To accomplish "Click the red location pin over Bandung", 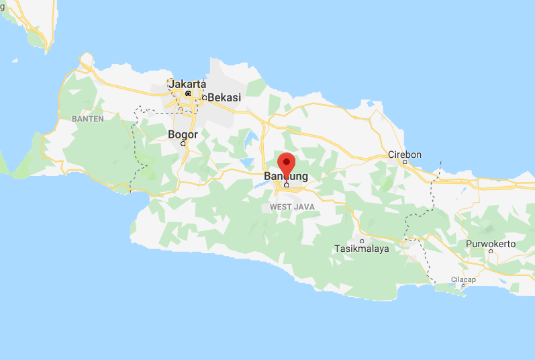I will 287,163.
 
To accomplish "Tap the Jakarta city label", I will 187,84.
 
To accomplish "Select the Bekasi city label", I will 224,97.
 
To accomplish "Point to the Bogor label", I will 183,134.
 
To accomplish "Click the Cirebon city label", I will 405,154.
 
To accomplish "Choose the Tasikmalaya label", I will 362,249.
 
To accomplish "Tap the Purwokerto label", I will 492,244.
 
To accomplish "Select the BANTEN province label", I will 87,119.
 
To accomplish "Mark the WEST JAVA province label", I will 292,207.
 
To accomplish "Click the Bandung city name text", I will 287,177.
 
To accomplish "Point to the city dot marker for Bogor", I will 183,143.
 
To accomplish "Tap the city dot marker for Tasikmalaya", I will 362,241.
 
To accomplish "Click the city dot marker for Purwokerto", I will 491,252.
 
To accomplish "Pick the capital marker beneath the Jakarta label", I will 188,93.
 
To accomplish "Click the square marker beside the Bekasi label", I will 204,98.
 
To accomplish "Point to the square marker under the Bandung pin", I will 287,185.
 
